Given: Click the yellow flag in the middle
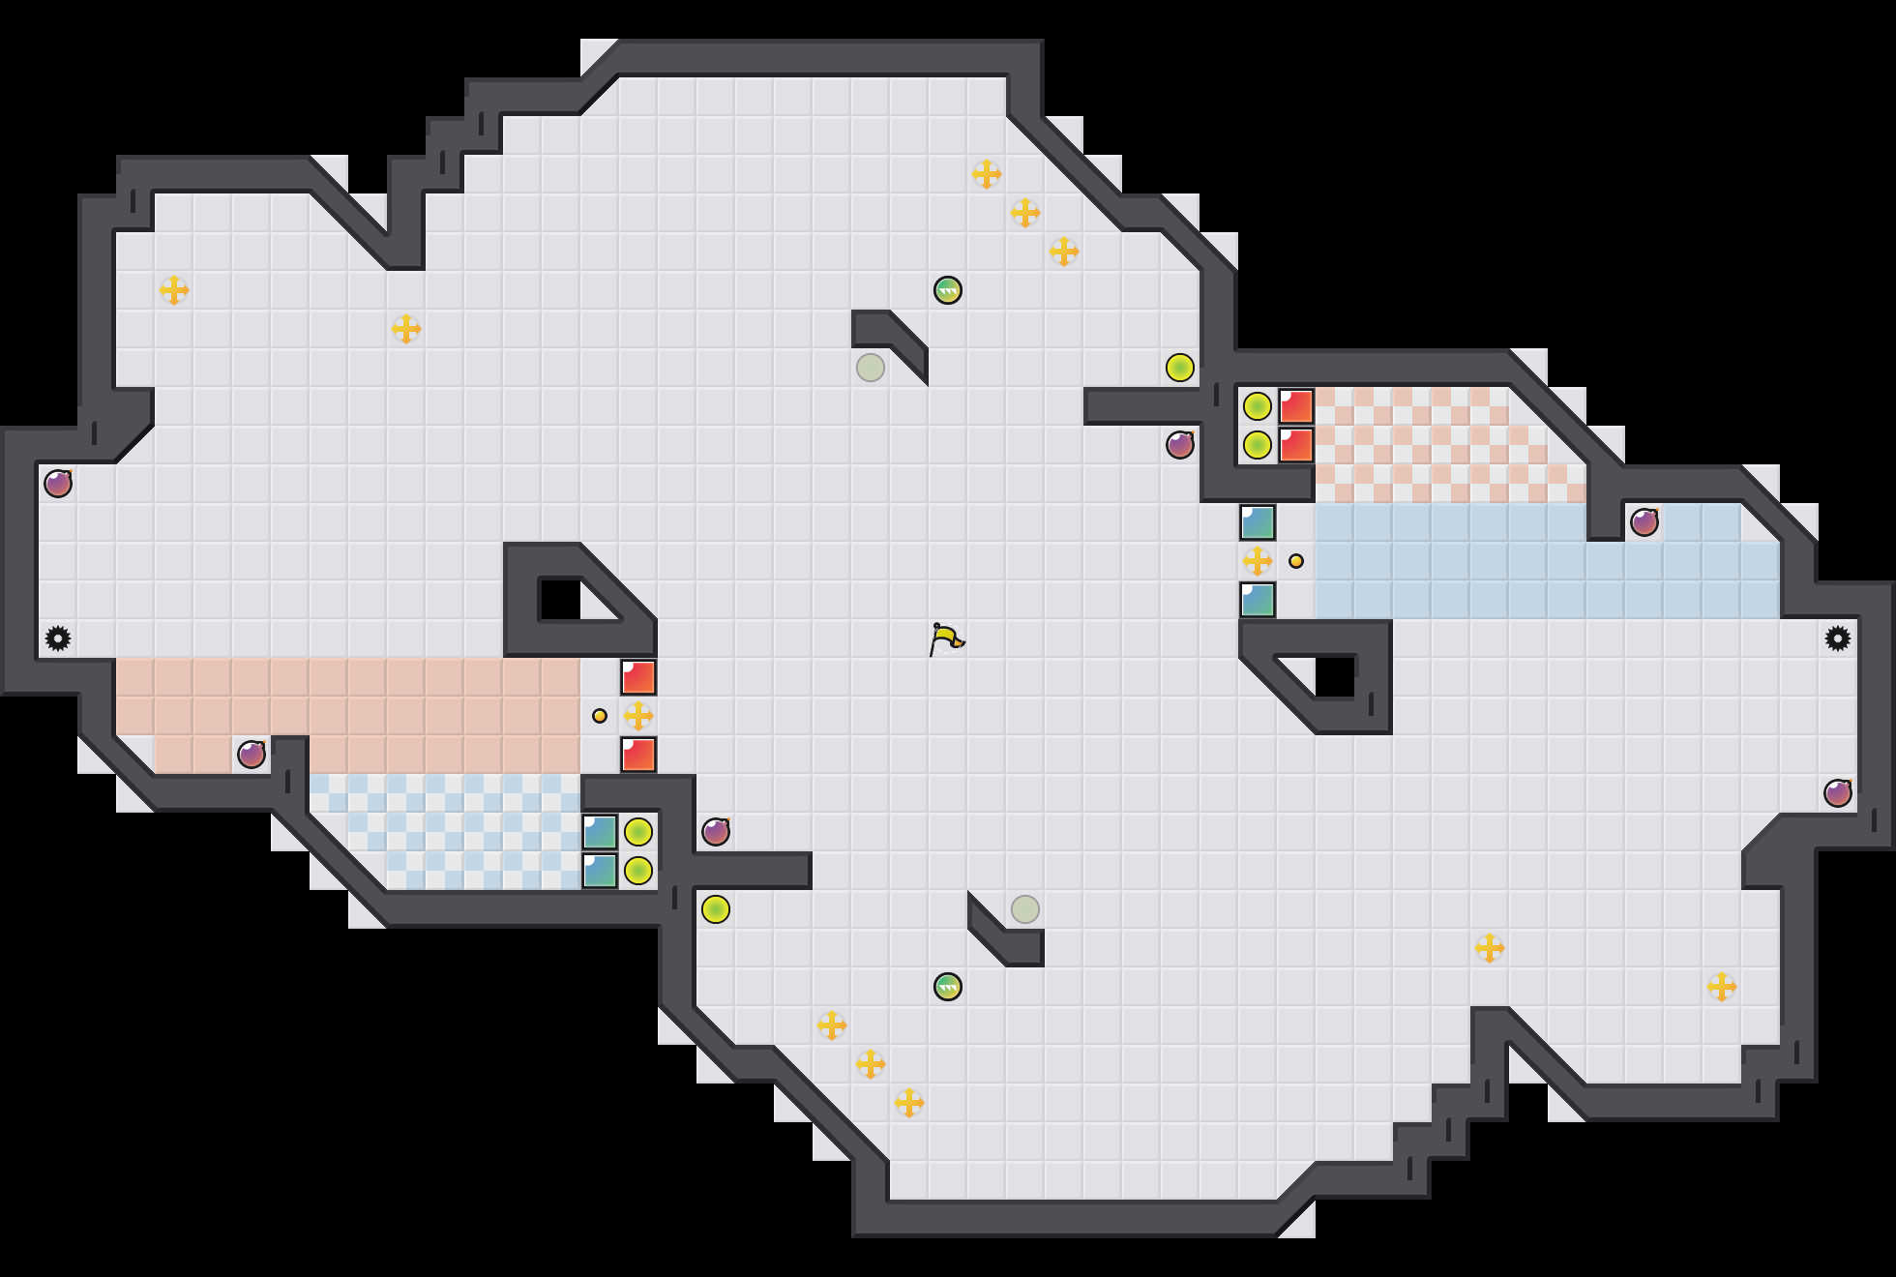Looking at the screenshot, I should click(x=946, y=638).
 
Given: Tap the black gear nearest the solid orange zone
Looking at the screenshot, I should click(x=58, y=638).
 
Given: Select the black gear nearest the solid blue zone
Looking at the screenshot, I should click(x=1838, y=638).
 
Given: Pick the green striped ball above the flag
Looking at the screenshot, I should click(x=948, y=290).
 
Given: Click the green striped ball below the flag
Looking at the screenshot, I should click(x=948, y=987).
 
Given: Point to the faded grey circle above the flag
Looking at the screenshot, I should click(x=871, y=368).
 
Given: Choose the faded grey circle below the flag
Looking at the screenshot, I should click(x=1025, y=909).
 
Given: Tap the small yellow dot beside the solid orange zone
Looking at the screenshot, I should click(x=600, y=716).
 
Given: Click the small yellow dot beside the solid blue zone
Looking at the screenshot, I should click(x=1296, y=561).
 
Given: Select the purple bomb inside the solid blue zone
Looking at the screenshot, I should click(x=1644, y=522).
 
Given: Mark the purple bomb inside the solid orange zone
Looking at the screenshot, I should click(x=252, y=755).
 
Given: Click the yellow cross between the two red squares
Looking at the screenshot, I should click(x=638, y=716).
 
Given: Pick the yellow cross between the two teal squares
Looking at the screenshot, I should click(x=1258, y=561).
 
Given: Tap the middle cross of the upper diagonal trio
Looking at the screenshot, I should click(x=1025, y=213).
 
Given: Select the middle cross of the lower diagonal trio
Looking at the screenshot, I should click(x=871, y=1064).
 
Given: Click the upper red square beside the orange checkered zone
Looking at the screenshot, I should click(x=1296, y=406).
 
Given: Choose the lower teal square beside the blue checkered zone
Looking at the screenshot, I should click(x=600, y=871).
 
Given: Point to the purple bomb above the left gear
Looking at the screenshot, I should click(x=58, y=484).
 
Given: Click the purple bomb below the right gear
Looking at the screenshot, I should click(x=1838, y=793).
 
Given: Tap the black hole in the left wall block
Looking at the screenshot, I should click(x=559, y=600).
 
